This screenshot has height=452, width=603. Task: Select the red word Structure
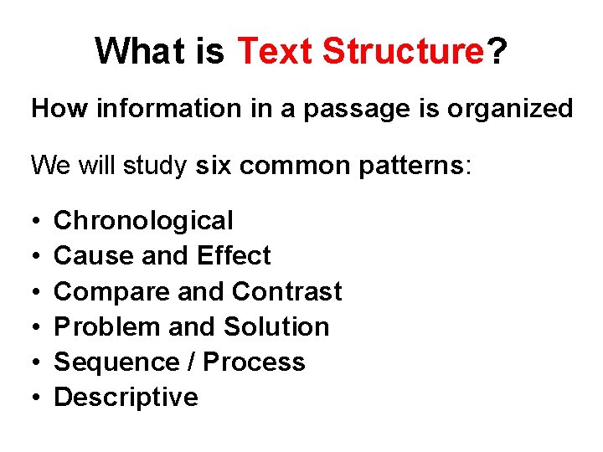pos(403,51)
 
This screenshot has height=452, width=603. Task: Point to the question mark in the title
pos(497,51)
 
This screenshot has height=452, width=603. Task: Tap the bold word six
pos(215,165)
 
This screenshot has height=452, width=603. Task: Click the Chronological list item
pos(143,221)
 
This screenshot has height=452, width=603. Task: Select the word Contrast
pos(287,291)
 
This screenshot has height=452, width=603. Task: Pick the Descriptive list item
pos(126,397)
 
